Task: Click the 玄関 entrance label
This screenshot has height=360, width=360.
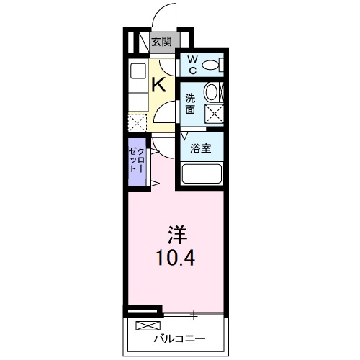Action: click(x=161, y=42)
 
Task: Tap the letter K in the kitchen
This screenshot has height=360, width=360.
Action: click(x=160, y=84)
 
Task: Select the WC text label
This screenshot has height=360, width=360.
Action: click(x=193, y=65)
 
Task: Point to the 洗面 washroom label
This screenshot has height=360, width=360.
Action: click(x=190, y=104)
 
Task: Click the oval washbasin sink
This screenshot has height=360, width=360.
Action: click(x=212, y=92)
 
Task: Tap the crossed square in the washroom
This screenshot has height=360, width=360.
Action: click(x=212, y=112)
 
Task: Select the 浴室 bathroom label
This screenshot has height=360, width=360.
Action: click(x=200, y=149)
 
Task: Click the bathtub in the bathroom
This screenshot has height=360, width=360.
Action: click(x=202, y=175)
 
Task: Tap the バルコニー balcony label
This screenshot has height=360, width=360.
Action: click(x=179, y=338)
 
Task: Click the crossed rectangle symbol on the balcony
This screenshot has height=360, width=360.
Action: click(x=144, y=325)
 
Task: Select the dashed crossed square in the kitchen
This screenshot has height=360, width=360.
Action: click(x=136, y=122)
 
